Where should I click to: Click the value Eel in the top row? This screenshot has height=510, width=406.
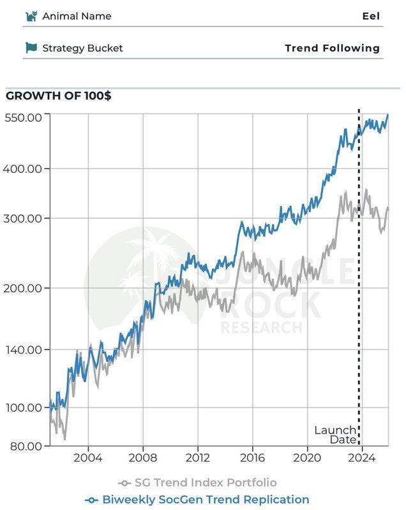(370, 16)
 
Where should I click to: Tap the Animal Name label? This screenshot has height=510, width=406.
(77, 16)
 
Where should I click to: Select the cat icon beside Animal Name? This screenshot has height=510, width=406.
(31, 16)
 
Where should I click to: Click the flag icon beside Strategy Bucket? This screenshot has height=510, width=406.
(31, 48)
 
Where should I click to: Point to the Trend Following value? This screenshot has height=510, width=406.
(332, 48)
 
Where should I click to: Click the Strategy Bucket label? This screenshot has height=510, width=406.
(82, 48)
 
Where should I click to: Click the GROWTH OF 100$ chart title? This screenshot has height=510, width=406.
(58, 96)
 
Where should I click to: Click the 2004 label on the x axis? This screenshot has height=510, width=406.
(87, 458)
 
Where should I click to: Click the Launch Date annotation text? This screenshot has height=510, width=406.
(336, 435)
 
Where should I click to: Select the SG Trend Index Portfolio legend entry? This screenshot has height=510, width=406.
(198, 483)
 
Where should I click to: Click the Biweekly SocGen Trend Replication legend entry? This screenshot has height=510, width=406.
(198, 500)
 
